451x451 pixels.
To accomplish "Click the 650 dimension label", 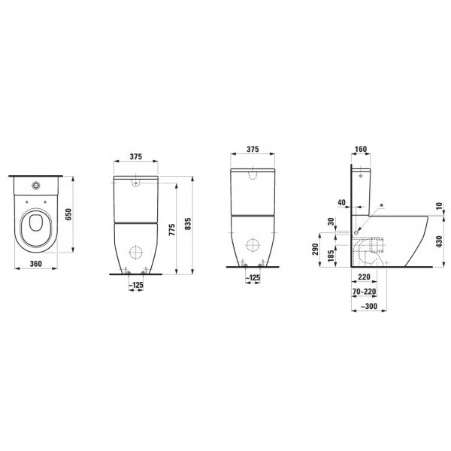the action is pos(68,214).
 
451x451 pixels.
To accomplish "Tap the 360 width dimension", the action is pos(36,264).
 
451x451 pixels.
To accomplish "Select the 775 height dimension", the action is pos(171,230).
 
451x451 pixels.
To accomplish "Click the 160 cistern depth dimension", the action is pos(361,149).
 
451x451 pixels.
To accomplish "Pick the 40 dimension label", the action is pos(341,202).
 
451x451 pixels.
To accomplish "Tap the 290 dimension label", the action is pos(316,250).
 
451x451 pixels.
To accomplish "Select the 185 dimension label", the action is pos(331,256).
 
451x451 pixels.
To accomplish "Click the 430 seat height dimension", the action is pos(439,242).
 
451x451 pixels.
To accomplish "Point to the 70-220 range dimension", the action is pos(365,292).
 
